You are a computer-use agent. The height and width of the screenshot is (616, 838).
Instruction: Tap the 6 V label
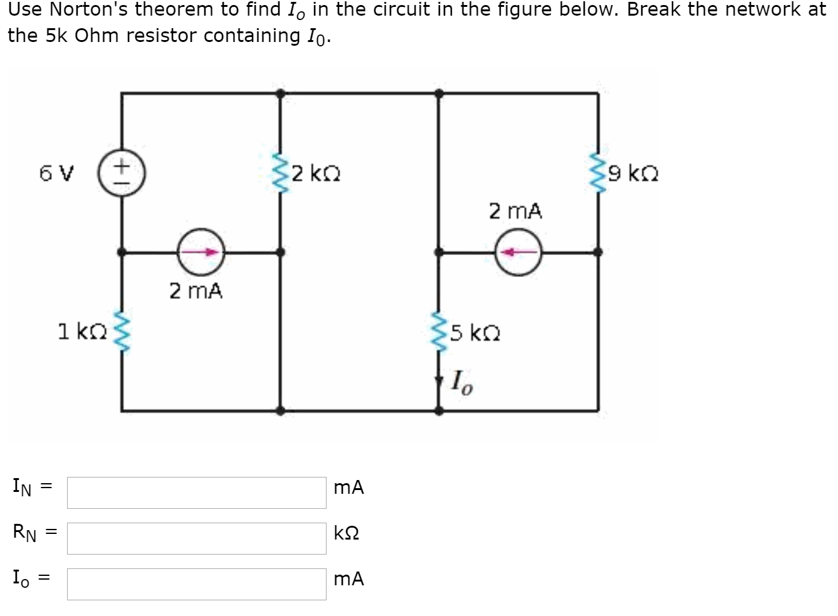pyautogui.click(x=56, y=173)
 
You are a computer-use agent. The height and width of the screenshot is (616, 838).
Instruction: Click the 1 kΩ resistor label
pyautogui.click(x=82, y=331)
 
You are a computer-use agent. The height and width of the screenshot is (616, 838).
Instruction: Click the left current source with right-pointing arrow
pyautogui.click(x=201, y=253)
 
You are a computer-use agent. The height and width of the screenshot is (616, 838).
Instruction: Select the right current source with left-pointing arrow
pyautogui.click(x=518, y=253)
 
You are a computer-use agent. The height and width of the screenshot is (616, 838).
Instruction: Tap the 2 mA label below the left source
pyautogui.click(x=196, y=291)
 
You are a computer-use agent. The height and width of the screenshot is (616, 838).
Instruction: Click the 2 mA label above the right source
pyautogui.click(x=515, y=211)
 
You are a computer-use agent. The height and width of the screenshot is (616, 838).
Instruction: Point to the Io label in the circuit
pyautogui.click(x=462, y=380)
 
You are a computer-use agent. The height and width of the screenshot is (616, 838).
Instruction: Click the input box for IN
pyautogui.click(x=196, y=493)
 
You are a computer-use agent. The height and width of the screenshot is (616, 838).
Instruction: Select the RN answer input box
pyautogui.click(x=196, y=538)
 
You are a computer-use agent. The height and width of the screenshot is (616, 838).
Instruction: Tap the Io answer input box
pyautogui.click(x=196, y=584)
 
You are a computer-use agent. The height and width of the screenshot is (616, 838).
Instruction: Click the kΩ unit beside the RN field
pyautogui.click(x=347, y=533)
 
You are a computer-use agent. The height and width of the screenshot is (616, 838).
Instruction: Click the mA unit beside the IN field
pyautogui.click(x=348, y=488)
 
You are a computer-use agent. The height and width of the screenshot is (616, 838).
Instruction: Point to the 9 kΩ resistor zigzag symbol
pyautogui.click(x=597, y=172)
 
